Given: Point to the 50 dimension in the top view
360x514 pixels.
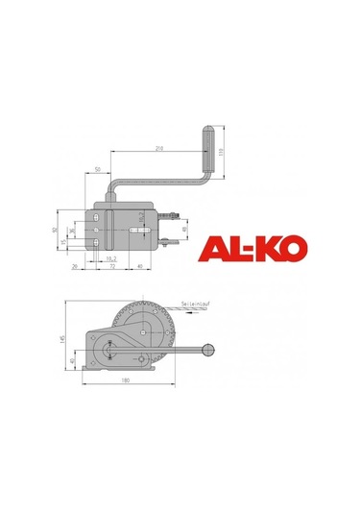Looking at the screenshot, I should [x=100, y=170].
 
